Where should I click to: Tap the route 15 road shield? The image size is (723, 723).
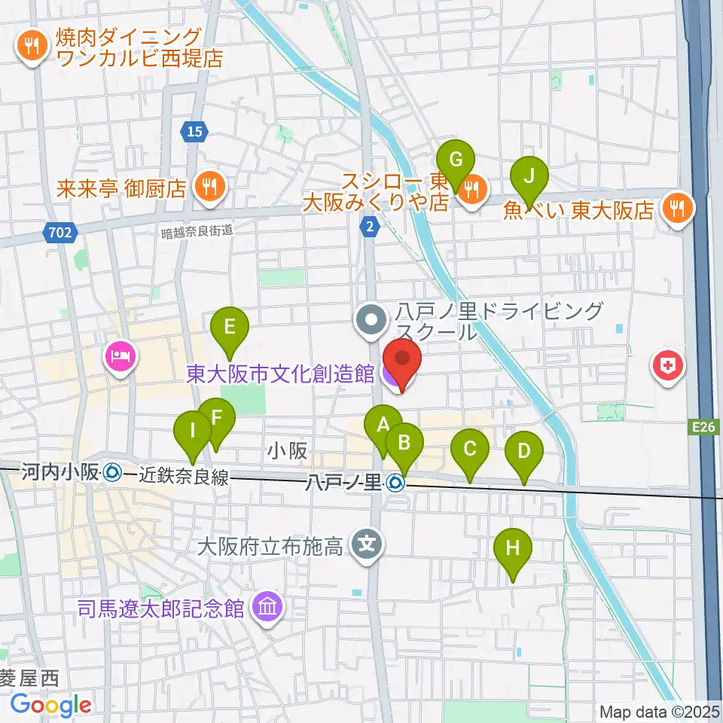tap(194, 132)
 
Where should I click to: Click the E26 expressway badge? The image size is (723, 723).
tap(703, 428)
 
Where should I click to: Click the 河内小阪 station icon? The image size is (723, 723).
tap(111, 473)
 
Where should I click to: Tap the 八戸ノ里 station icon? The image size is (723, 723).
tap(395, 484)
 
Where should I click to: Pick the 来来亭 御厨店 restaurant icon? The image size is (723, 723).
tap(209, 187)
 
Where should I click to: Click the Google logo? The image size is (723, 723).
tap(50, 705)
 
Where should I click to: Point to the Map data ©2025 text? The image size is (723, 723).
tap(659, 712)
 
